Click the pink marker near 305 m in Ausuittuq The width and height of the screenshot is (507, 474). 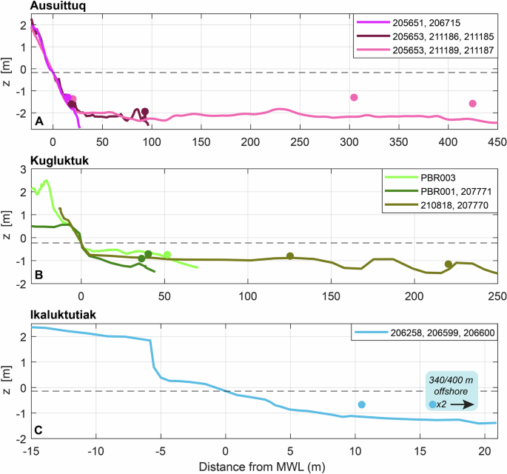click(354, 98)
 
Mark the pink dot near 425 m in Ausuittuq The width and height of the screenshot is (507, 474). click(473, 104)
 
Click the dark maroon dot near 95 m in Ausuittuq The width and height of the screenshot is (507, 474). click(145, 112)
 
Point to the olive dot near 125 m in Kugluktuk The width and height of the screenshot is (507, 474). click(290, 256)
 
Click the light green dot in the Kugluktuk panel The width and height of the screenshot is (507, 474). click(167, 255)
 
